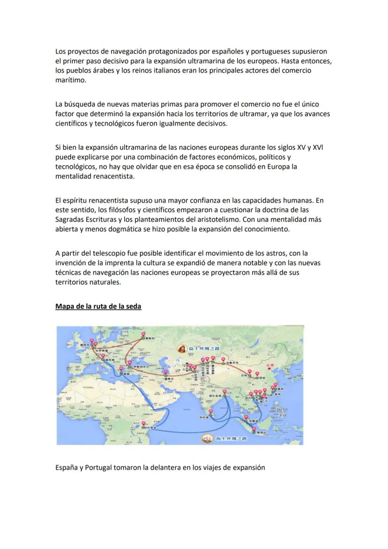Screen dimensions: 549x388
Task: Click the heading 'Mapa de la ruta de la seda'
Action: [x=98, y=306]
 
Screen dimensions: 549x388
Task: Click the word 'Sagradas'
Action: [x=70, y=219]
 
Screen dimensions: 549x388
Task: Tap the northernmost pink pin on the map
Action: [x=142, y=335]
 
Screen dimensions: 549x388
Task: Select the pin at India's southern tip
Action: [x=210, y=412]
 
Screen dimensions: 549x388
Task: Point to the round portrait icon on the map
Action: [x=180, y=348]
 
